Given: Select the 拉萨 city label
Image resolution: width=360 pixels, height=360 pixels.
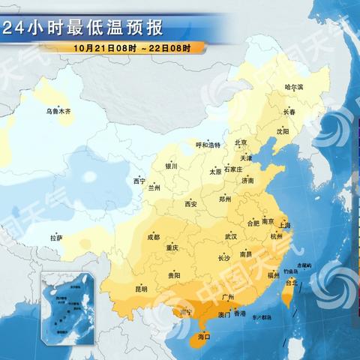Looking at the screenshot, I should [56, 238].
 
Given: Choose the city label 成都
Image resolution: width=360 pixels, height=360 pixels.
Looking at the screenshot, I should [154, 237].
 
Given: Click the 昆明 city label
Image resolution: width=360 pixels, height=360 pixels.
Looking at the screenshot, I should [141, 289].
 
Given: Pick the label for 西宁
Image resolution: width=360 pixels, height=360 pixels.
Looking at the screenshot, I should [139, 181].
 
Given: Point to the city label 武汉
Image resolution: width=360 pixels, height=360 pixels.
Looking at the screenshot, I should [229, 237].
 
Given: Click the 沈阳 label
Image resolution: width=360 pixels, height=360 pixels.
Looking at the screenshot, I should [282, 130].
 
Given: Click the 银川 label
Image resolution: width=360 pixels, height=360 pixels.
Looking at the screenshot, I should [172, 166].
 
